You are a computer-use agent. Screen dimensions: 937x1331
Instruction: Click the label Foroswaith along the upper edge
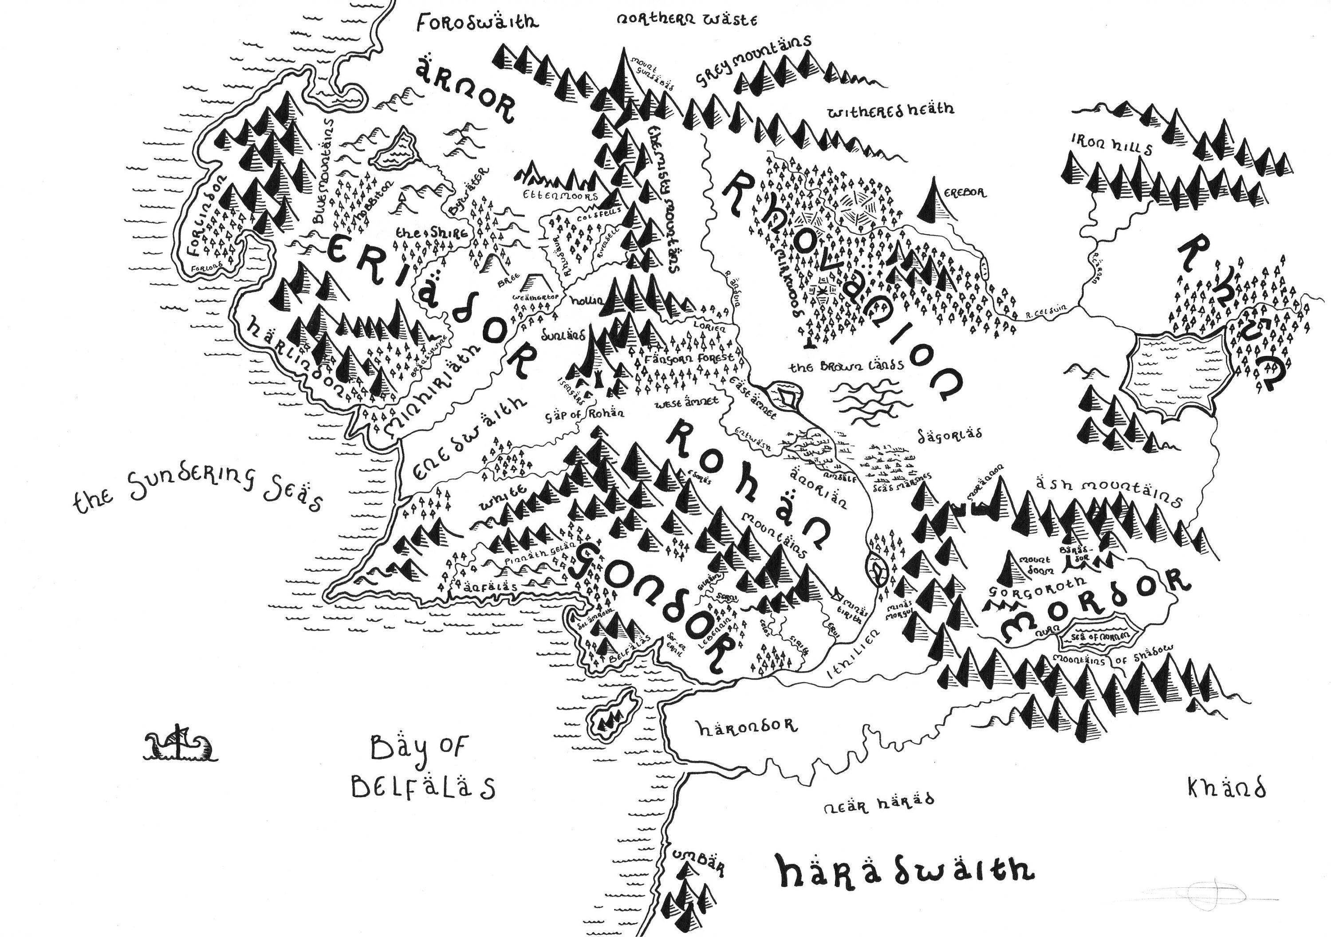(477, 22)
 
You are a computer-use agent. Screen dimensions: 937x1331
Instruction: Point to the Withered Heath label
(890, 110)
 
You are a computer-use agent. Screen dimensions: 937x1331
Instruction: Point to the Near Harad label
(879, 803)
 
